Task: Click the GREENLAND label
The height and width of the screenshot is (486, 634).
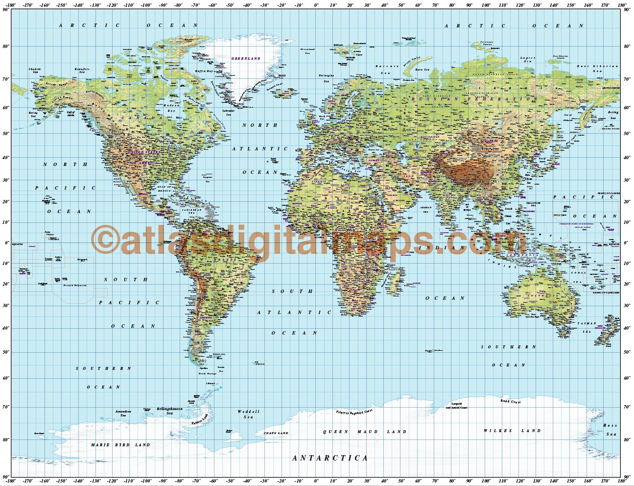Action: [246, 58]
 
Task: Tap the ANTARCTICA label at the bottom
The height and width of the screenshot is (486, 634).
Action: [330, 458]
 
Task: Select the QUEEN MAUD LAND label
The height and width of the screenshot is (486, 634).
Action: [365, 432]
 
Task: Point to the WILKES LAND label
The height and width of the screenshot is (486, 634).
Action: [512, 431]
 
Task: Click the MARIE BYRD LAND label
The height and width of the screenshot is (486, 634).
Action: [120, 445]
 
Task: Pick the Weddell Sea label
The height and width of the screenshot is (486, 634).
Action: [248, 414]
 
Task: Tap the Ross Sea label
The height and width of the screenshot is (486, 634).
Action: [610, 430]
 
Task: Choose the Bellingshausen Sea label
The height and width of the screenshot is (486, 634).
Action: [169, 411]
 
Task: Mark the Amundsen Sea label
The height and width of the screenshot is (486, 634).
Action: [123, 413]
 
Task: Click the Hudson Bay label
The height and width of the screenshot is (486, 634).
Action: [171, 108]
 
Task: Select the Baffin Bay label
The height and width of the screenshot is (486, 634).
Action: [204, 71]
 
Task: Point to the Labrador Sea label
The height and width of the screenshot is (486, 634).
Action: [228, 112]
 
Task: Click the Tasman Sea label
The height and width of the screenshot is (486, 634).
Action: [587, 327]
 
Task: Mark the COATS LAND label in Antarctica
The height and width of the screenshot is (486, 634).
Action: [276, 433]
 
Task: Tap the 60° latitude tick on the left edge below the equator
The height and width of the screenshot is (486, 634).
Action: [5, 378]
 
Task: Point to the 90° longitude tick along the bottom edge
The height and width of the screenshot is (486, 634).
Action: [469, 481]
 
